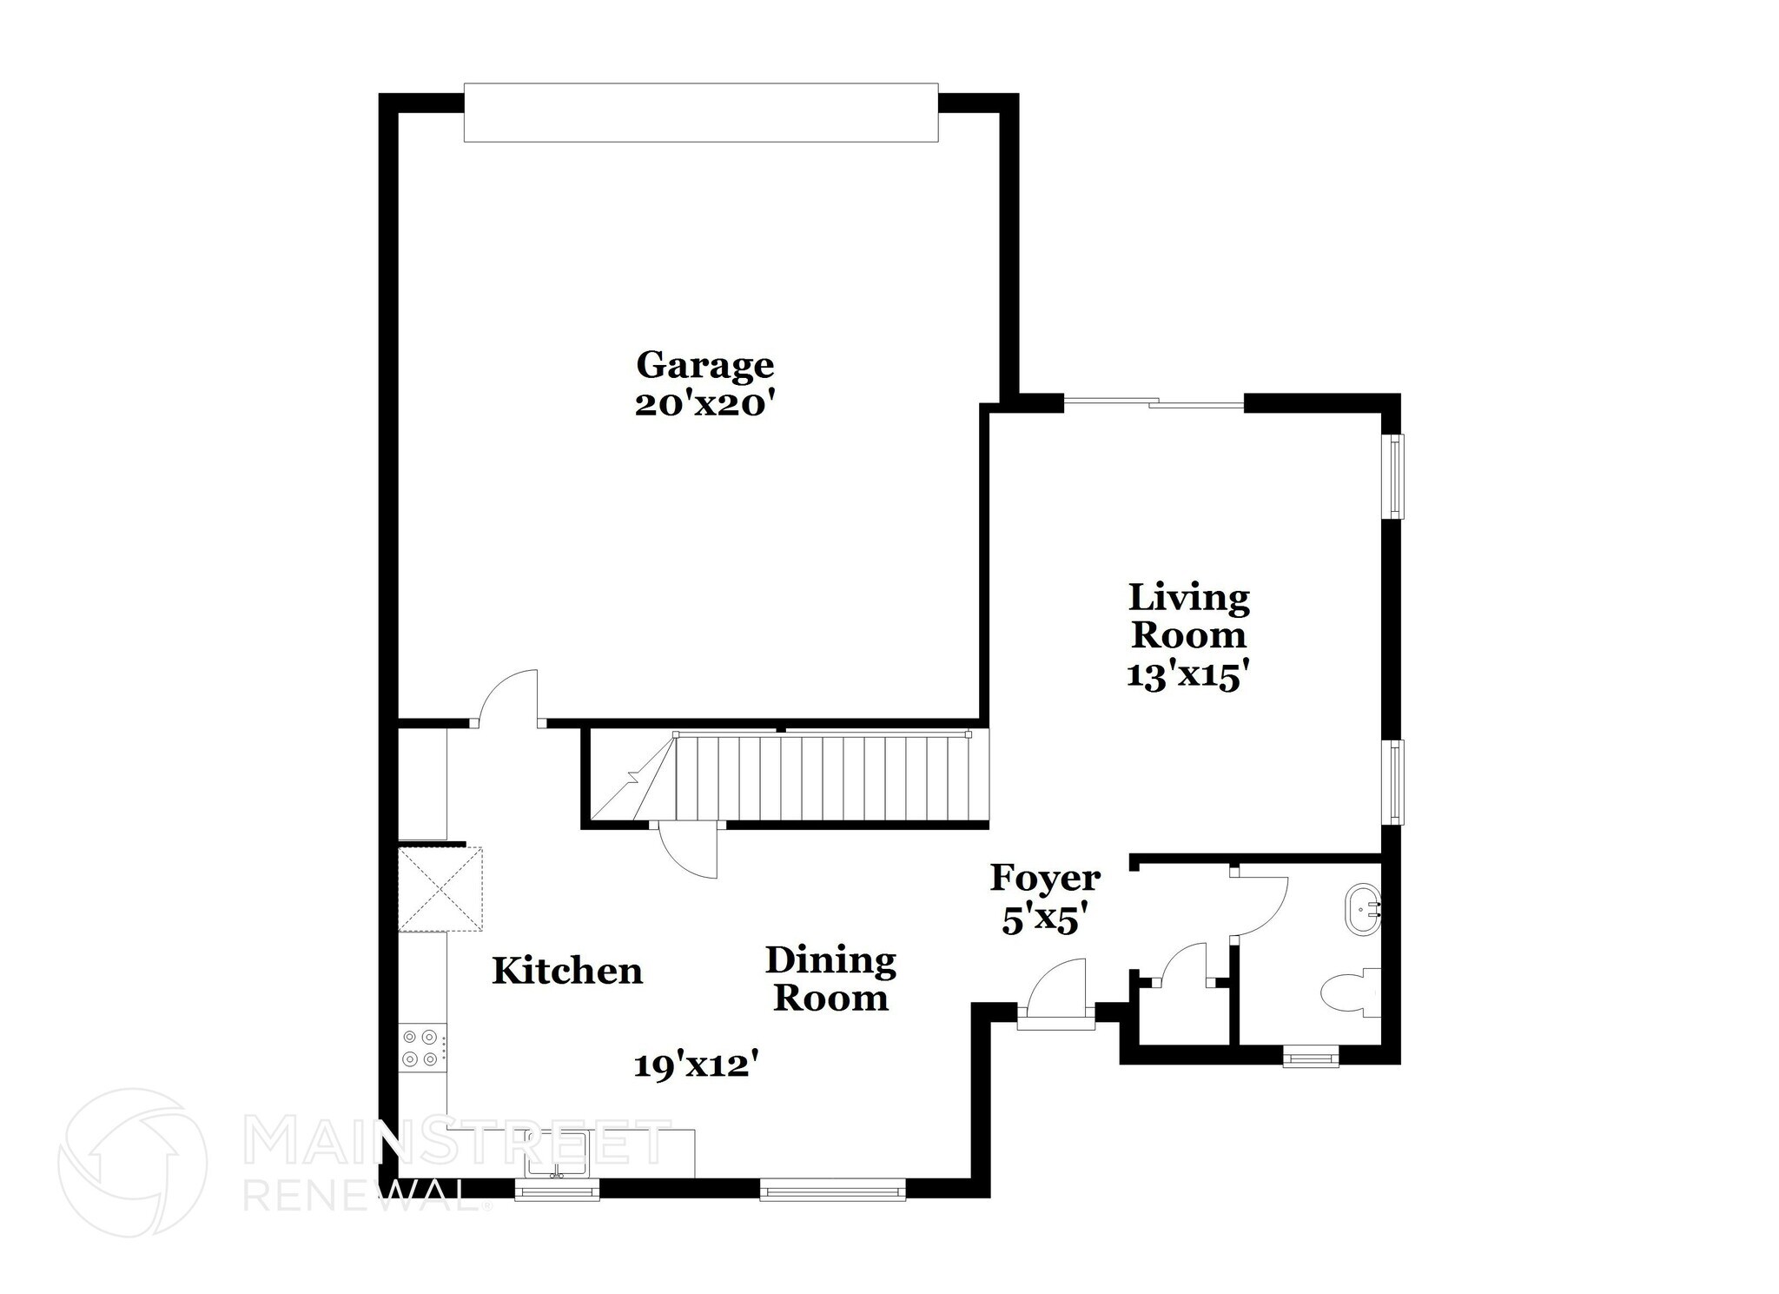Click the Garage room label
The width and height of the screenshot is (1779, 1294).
point(704,366)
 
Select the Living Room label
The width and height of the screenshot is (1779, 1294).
point(1188,616)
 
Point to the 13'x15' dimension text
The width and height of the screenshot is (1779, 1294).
point(1187,676)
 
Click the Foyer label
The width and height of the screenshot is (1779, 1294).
point(1045,879)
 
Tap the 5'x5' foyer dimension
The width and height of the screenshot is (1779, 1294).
point(1045,919)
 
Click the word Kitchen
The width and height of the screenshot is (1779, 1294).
point(567,971)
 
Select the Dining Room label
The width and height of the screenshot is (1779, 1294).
point(830,979)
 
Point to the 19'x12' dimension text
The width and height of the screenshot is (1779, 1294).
point(703,1065)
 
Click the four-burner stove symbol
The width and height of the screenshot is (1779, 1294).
point(420,1047)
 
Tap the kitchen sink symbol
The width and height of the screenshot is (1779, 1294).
point(557,1154)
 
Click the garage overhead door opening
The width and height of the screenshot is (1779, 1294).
point(700,112)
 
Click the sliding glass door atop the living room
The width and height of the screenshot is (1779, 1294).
point(1154,402)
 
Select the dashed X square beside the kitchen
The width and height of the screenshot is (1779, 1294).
point(440,890)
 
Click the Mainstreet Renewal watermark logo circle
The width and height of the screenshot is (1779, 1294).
point(132,1162)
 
